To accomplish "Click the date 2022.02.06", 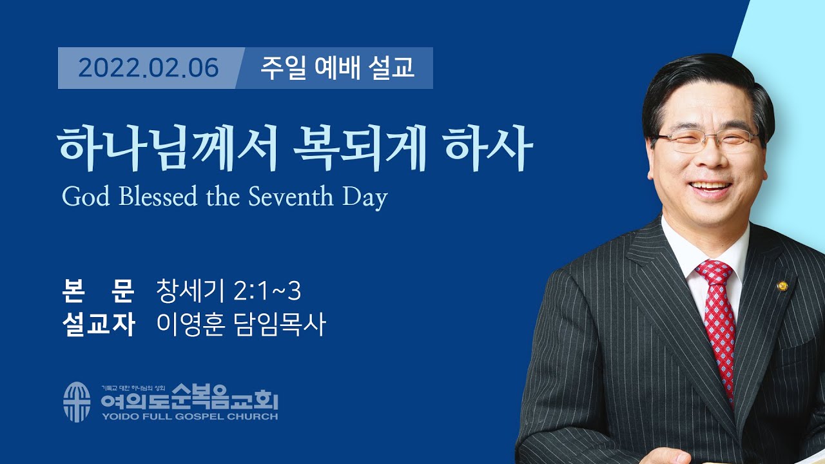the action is pyautogui.click(x=148, y=68).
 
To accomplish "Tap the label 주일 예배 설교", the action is pyautogui.click(x=337, y=68).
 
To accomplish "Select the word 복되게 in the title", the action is pyautogui.click(x=360, y=148).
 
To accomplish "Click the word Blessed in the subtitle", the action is pyautogui.click(x=158, y=197).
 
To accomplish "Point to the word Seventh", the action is pyautogui.click(x=291, y=197).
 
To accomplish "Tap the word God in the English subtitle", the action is pyautogui.click(x=86, y=197).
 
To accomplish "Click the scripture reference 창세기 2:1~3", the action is pyautogui.click(x=229, y=291).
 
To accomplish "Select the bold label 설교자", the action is pyautogui.click(x=99, y=324).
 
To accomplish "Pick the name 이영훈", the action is pyautogui.click(x=190, y=324).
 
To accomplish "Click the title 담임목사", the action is pyautogui.click(x=280, y=324).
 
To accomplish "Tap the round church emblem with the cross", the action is pyautogui.click(x=77, y=401).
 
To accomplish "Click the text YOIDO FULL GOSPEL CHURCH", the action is pyautogui.click(x=190, y=417).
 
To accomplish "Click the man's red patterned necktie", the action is pyautogui.click(x=717, y=324).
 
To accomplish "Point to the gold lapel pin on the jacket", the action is pyautogui.click(x=782, y=285).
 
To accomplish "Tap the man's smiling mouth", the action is pyautogui.click(x=711, y=187).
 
